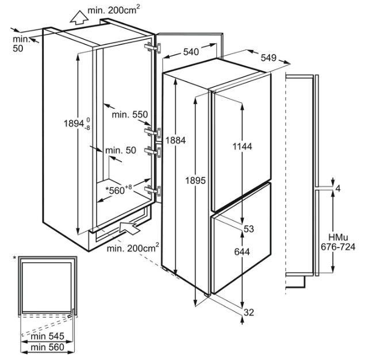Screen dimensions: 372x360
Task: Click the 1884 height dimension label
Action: click(x=175, y=140)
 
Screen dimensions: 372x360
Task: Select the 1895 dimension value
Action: click(x=195, y=181)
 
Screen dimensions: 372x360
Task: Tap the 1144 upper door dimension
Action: click(x=242, y=147)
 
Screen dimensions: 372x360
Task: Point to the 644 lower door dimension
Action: click(x=242, y=251)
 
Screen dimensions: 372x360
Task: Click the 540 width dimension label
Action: click(x=191, y=52)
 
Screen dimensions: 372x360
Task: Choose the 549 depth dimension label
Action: click(x=269, y=58)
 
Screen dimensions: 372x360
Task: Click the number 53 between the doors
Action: click(x=249, y=229)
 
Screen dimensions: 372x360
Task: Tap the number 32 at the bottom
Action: click(x=249, y=312)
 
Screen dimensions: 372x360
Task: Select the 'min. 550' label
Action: click(x=130, y=114)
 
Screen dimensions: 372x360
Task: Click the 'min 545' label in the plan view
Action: click(x=48, y=336)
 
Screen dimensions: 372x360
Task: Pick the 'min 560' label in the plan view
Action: click(x=48, y=347)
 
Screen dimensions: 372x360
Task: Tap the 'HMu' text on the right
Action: click(x=338, y=238)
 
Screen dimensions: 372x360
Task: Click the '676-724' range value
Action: click(x=338, y=247)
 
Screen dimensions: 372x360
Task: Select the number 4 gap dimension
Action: click(x=338, y=189)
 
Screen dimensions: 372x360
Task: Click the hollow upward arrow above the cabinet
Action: click(x=79, y=18)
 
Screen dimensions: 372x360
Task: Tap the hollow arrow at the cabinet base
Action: click(x=129, y=228)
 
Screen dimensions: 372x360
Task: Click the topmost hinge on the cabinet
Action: click(x=154, y=48)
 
